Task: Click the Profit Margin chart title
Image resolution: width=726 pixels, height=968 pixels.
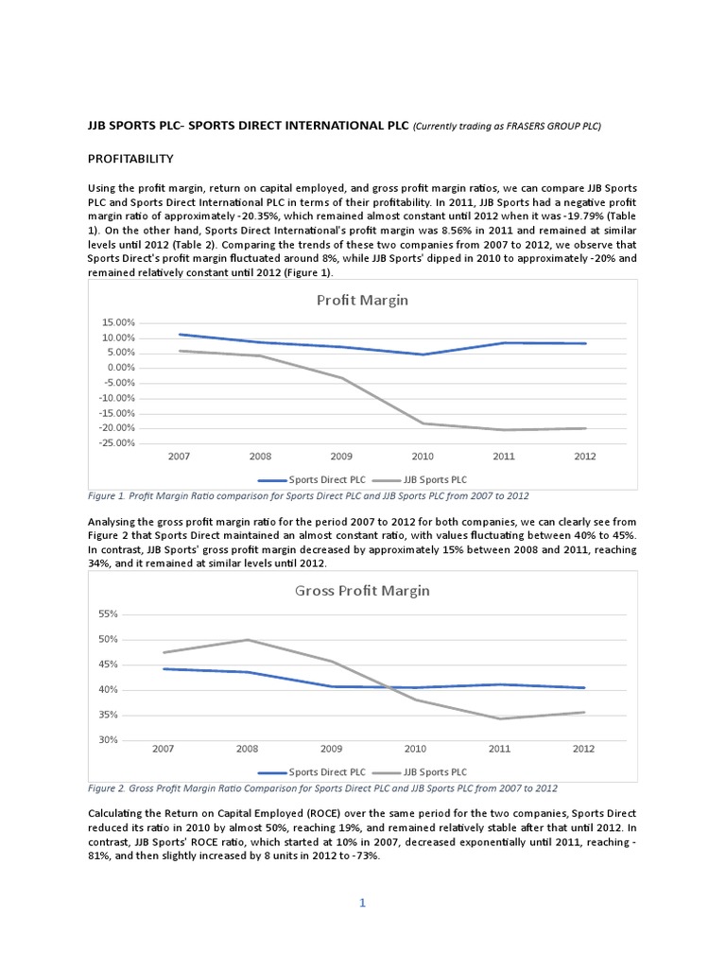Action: pos(362,301)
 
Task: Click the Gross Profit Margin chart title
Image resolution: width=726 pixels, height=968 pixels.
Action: pos(362,591)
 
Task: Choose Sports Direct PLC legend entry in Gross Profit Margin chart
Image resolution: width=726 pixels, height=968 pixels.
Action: pos(317,771)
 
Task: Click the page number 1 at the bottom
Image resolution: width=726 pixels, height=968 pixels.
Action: pos(361,903)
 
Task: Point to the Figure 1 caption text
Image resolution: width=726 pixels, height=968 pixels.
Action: pos(308,496)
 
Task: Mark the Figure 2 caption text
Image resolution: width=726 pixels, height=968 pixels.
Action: pos(322,787)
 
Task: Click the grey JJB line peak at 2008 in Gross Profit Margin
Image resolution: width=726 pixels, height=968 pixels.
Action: pos(248,640)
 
